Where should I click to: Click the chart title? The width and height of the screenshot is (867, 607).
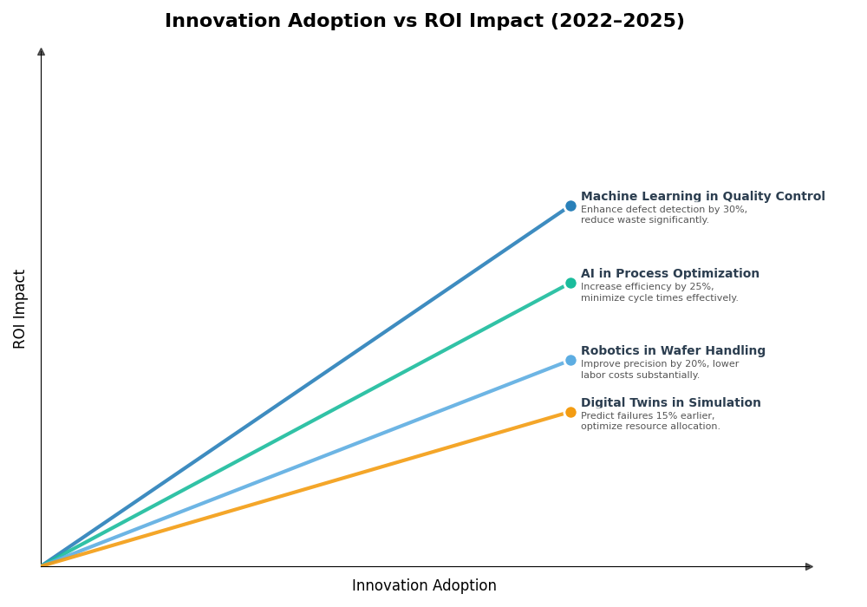pos(424,21)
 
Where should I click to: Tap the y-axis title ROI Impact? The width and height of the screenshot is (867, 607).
pos(20,309)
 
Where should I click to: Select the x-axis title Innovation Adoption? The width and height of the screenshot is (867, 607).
pos(424,586)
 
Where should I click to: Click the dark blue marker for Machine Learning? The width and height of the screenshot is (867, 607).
pos(570,206)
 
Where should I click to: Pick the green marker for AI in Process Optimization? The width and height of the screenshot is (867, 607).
pos(570,284)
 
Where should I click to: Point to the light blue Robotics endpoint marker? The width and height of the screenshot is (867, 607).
pos(570,361)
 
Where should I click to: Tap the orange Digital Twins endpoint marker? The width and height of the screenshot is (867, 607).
pos(570,413)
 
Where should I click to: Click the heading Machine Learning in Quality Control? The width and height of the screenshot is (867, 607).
pos(702,197)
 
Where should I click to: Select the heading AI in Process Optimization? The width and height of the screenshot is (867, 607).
pos(669,274)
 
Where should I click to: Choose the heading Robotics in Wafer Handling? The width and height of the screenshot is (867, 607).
pos(673,351)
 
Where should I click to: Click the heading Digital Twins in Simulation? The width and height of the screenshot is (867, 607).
pos(670,403)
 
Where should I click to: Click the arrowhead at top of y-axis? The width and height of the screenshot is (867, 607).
pos(41,52)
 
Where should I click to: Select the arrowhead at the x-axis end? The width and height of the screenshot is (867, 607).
pos(809,566)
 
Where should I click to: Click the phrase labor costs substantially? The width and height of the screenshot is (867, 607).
pos(640,375)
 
